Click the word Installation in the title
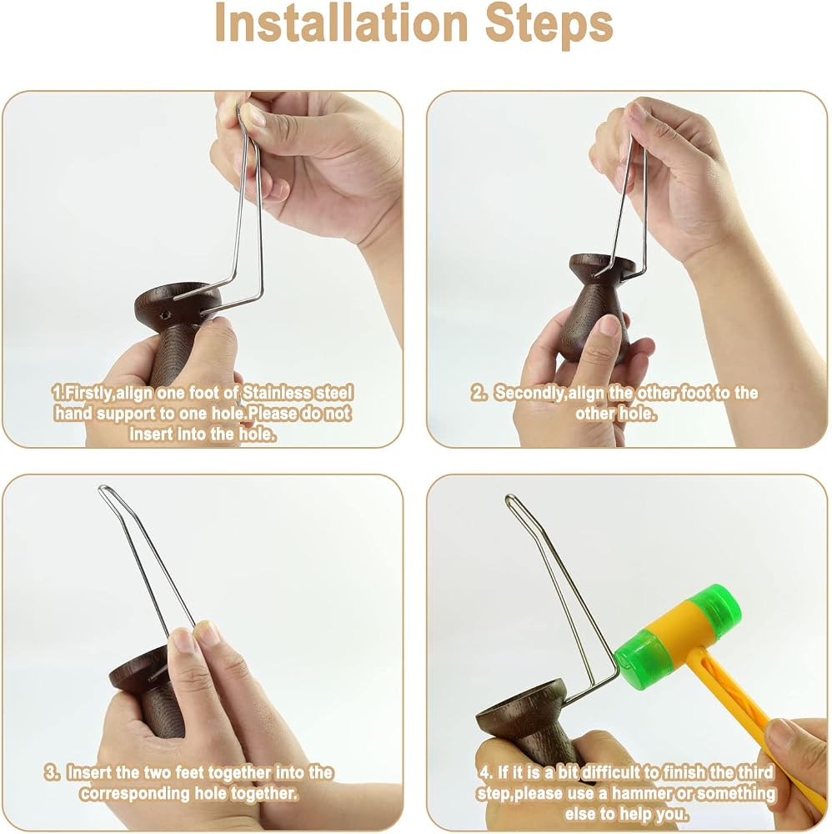341,23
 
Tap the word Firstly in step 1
86,393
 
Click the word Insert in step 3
88,772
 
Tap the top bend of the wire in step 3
103,489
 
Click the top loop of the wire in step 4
510,499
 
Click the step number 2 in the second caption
478,393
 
